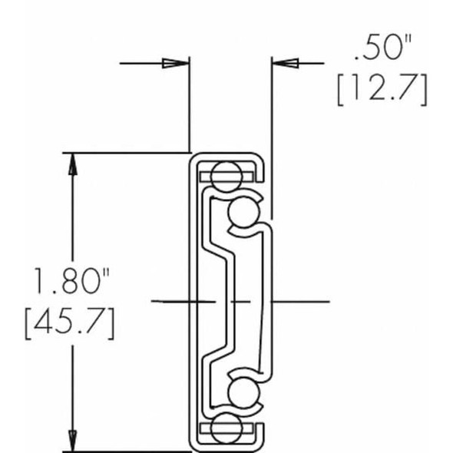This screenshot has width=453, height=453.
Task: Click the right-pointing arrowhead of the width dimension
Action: click(x=178, y=63)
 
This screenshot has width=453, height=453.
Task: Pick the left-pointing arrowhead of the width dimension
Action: click(x=283, y=63)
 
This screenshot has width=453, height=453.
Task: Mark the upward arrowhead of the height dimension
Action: click(x=73, y=163)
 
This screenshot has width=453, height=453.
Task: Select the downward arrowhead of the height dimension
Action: click(x=73, y=441)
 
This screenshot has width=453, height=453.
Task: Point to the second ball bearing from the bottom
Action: click(x=244, y=394)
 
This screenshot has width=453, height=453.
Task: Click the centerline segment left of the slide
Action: click(x=169, y=303)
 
